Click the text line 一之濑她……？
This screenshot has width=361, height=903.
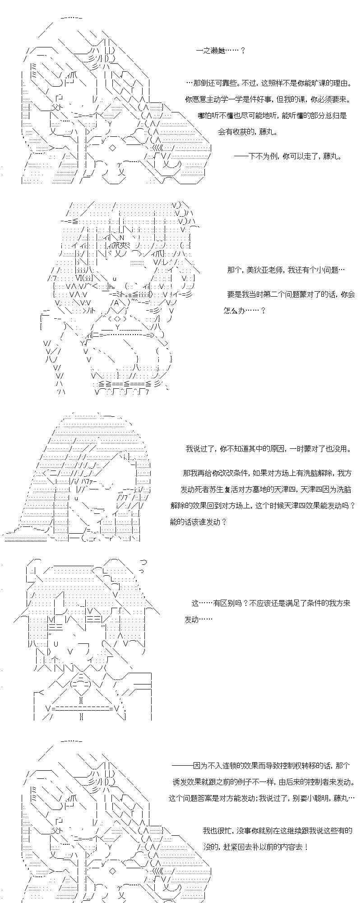(x=221, y=51)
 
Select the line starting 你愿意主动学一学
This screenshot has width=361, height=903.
(x=268, y=99)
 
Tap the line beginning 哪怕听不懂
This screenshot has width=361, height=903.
(x=272, y=116)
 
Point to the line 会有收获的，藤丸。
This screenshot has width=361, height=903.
(x=248, y=132)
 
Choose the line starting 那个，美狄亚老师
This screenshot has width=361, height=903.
(x=286, y=270)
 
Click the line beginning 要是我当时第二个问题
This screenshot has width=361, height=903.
(x=291, y=294)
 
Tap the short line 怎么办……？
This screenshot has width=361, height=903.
(x=244, y=311)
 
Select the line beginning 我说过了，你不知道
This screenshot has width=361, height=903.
(x=268, y=449)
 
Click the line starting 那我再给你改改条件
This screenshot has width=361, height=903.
(x=267, y=473)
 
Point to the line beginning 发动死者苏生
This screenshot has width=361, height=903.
(x=266, y=489)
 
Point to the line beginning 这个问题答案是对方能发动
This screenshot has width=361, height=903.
(x=262, y=798)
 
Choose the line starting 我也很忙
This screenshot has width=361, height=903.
(x=278, y=830)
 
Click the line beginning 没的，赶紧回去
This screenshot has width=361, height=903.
(x=256, y=847)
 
